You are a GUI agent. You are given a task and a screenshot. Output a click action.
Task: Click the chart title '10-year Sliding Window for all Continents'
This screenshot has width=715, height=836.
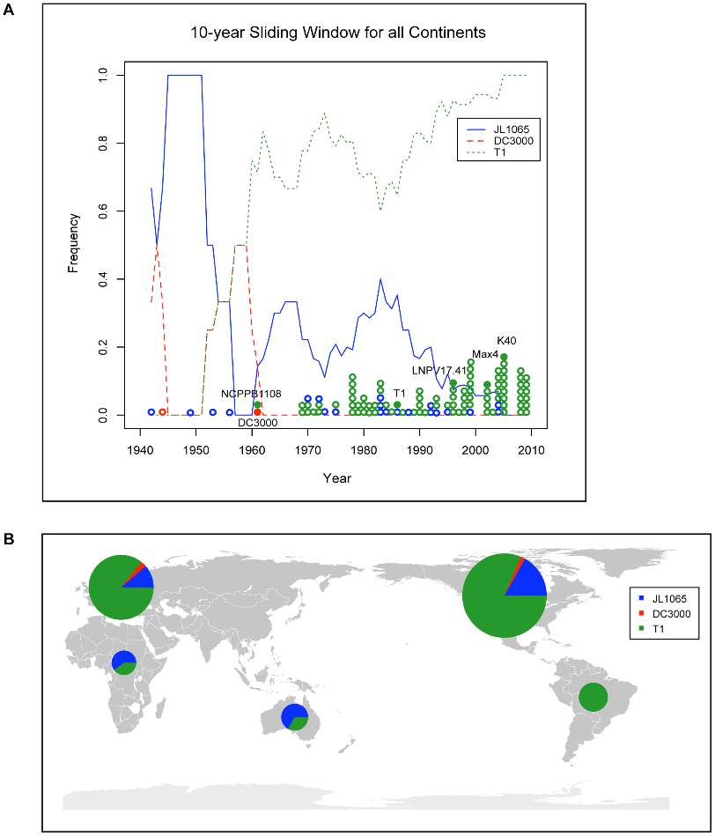339,34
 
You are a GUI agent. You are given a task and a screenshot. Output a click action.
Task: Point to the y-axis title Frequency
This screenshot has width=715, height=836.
75,242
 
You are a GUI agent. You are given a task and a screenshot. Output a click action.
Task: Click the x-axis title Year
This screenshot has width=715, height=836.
336,478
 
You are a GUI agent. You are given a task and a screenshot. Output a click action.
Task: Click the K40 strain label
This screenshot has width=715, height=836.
506,340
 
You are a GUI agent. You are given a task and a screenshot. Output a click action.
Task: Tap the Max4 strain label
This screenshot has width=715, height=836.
485,354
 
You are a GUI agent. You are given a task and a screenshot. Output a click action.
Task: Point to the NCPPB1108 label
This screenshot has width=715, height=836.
251,394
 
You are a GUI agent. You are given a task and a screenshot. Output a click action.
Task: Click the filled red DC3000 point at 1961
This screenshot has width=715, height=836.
257,412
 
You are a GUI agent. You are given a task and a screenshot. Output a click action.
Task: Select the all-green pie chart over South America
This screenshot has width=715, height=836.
593,697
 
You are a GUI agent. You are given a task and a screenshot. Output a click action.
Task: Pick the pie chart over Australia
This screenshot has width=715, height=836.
294,716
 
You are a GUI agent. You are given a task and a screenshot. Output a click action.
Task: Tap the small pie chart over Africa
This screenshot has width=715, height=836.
124,662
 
